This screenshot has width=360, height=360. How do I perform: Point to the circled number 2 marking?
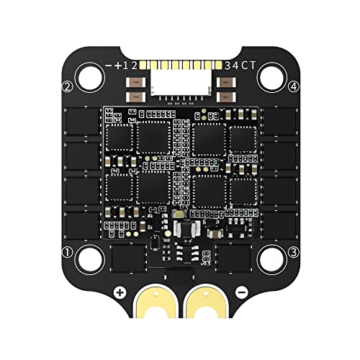click(x=67, y=87)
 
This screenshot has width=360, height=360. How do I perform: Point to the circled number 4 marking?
click(x=294, y=87)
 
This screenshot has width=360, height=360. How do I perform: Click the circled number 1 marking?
click(x=67, y=252)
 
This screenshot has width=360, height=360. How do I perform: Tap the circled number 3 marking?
click(x=294, y=252)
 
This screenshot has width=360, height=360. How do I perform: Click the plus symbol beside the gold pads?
click(x=120, y=293)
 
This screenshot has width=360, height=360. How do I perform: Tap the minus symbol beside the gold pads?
click(x=241, y=293)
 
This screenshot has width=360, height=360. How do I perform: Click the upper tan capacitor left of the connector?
click(x=135, y=82)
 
